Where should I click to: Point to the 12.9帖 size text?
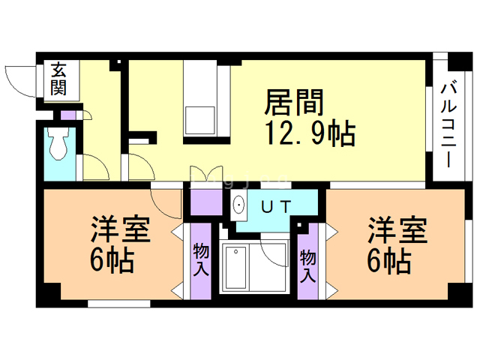[x=308, y=134]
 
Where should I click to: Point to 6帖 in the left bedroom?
[x=112, y=262]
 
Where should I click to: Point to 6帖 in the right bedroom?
[x=388, y=262]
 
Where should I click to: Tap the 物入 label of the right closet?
[x=309, y=265]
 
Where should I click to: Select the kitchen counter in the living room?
[x=200, y=97]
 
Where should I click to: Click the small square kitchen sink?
[x=200, y=120]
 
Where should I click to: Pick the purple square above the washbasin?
[x=205, y=202]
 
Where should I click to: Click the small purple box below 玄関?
[x=68, y=115]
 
